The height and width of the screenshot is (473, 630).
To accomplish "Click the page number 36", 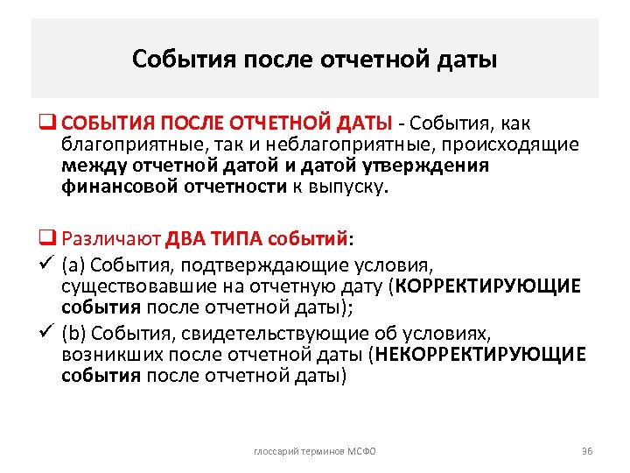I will (587, 450).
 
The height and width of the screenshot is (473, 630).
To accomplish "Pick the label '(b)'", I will (74, 334).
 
